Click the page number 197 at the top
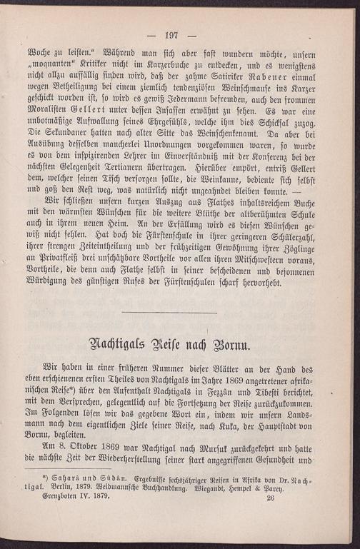(x=171, y=35)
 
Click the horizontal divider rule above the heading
(x=169, y=311)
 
